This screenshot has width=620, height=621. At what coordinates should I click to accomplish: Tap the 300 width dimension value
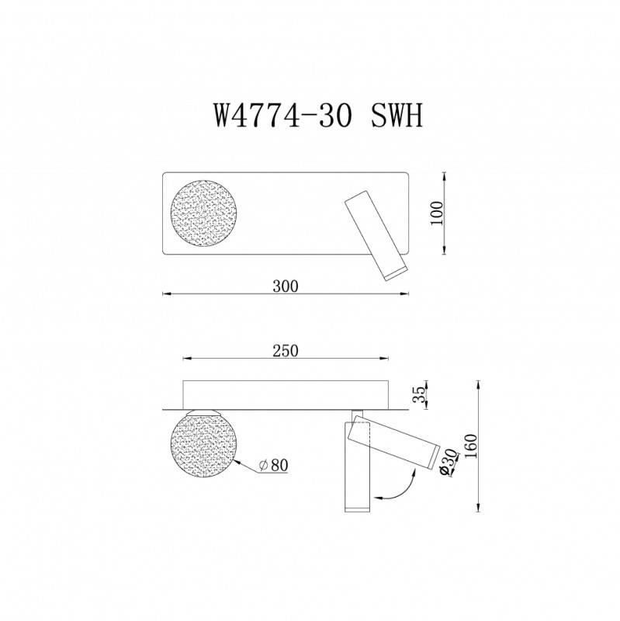pyautogui.click(x=286, y=286)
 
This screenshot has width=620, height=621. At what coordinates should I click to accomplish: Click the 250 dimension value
pyautogui.click(x=285, y=351)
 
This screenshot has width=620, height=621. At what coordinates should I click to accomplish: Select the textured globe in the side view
pyautogui.click(x=203, y=447)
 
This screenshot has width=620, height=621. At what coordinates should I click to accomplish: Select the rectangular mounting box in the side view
pyautogui.click(x=285, y=393)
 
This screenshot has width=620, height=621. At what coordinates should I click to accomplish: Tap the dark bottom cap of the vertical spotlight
pyautogui.click(x=358, y=508)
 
